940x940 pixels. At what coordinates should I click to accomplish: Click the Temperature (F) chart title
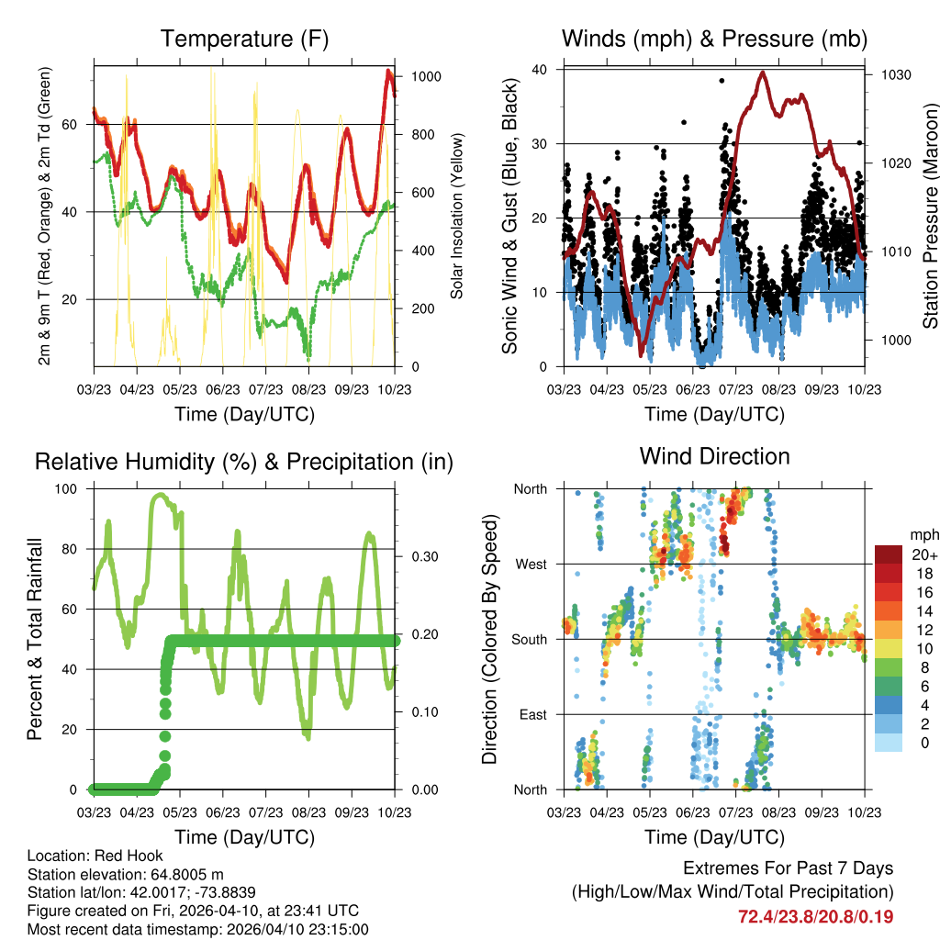pyautogui.click(x=244, y=39)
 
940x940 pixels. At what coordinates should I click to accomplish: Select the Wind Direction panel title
pyautogui.click(x=714, y=456)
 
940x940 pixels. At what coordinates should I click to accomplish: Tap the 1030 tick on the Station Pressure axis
pyautogui.click(x=895, y=74)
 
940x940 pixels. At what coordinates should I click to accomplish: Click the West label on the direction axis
pyautogui.click(x=530, y=564)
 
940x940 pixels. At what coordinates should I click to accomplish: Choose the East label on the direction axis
pyautogui.click(x=532, y=714)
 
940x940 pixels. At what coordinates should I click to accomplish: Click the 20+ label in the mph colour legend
pyautogui.click(x=923, y=554)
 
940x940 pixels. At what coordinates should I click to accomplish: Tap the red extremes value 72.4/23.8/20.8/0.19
pyautogui.click(x=815, y=916)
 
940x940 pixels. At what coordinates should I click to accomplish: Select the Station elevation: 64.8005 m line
pyautogui.click(x=127, y=874)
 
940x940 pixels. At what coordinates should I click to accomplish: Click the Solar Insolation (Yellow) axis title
pyautogui.click(x=457, y=216)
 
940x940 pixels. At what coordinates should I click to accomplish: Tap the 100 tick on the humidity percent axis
pyautogui.click(x=68, y=488)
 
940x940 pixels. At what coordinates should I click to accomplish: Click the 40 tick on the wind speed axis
pyautogui.click(x=540, y=70)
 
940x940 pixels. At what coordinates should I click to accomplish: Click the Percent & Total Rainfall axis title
pyautogui.click(x=34, y=640)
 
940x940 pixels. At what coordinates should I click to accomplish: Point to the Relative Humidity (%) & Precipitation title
pyautogui.click(x=244, y=462)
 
